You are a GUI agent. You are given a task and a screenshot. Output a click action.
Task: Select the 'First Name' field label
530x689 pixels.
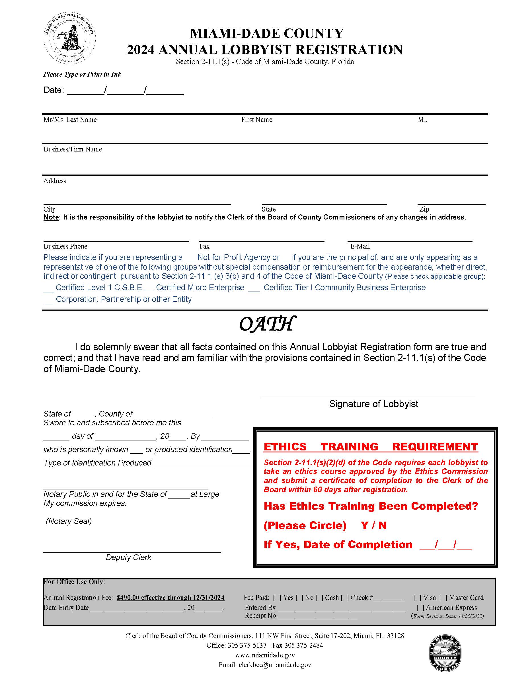tap(256, 120)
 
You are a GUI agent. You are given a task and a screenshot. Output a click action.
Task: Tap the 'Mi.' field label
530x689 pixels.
tap(422, 120)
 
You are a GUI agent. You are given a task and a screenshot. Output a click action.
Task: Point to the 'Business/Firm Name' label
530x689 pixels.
tap(73, 149)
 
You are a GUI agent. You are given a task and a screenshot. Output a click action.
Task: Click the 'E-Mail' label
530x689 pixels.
tap(360, 246)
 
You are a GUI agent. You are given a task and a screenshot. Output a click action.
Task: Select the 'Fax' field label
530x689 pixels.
tap(204, 246)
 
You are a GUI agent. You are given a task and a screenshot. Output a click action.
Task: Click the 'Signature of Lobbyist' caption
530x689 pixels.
tap(373, 404)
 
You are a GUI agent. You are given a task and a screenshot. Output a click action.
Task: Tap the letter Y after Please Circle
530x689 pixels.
tap(364, 525)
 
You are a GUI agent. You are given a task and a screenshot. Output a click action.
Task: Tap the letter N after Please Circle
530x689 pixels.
tap(382, 525)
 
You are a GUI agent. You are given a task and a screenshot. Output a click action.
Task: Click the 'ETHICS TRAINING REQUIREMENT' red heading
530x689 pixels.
tap(371, 447)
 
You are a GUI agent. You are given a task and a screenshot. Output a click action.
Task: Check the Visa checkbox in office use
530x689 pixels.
tap(417, 598)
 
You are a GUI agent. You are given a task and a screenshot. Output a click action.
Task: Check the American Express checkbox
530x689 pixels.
tap(420, 608)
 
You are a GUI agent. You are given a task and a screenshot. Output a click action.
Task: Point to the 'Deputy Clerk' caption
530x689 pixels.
tap(128, 557)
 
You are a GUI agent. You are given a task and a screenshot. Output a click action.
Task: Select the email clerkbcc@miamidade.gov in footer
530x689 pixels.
tap(275, 665)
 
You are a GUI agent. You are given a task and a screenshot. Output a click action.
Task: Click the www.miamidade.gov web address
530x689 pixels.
tap(265, 655)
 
